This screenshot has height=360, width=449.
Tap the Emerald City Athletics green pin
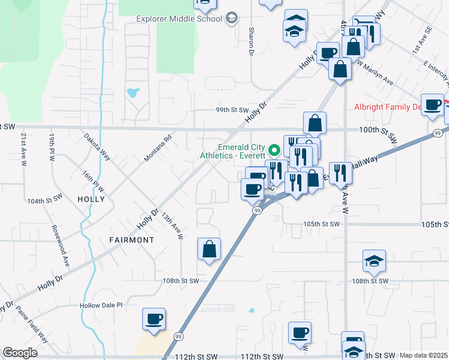(x=276, y=149)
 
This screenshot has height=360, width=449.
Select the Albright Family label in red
(x=387, y=107)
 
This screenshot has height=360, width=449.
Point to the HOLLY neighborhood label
(x=91, y=199)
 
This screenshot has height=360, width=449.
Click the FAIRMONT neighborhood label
(x=131, y=239)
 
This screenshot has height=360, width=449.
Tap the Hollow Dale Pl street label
(x=101, y=305)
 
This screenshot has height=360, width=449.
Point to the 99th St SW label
(x=232, y=110)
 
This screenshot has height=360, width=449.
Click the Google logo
(x=20, y=353)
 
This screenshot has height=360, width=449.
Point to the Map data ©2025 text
(x=423, y=355)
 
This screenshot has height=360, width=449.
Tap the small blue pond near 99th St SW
(x=133, y=93)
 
